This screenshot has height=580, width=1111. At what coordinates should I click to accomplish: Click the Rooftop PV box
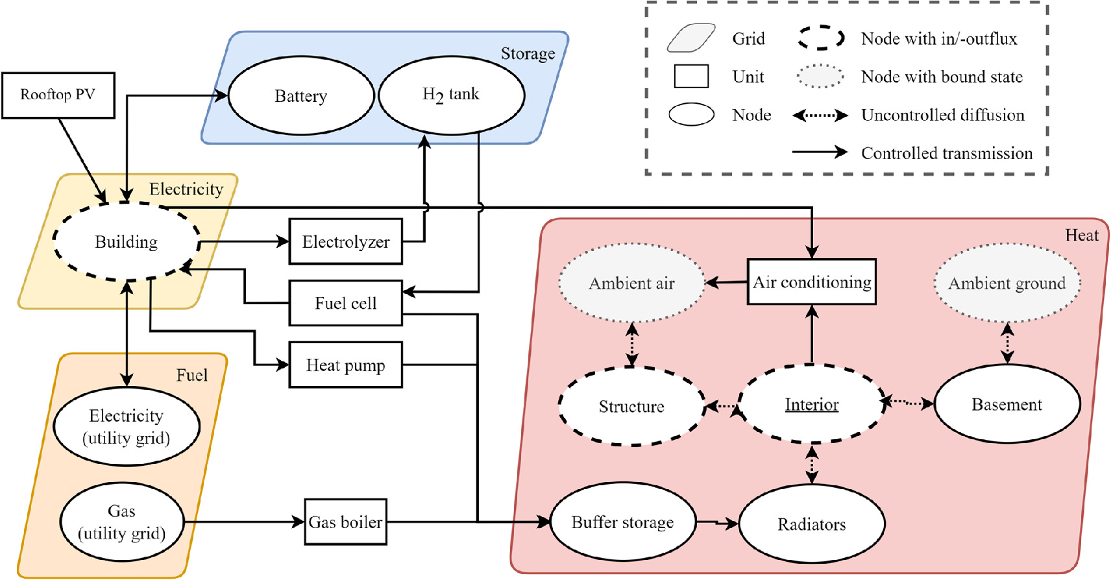coord(58,95)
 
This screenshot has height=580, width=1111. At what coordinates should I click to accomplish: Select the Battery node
coord(300,96)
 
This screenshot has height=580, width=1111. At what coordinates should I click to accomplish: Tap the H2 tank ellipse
coord(451,95)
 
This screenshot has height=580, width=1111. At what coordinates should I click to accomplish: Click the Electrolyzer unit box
coord(345,242)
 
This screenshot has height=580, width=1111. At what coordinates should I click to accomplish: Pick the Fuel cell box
coord(345,303)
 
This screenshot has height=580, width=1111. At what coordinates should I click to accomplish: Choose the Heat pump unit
coord(345,365)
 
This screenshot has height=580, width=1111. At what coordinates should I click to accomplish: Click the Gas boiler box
coord(345,522)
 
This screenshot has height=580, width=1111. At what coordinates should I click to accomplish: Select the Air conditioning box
coord(811,282)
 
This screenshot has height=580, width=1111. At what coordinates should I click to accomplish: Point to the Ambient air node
coord(631,283)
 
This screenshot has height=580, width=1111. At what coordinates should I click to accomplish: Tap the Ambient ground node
coord(1007,283)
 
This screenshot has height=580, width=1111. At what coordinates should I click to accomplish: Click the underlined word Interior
coord(811,405)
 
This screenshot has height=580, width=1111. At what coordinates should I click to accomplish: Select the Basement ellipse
coord(1007,405)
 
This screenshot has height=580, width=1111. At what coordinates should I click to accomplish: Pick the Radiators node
coord(811,524)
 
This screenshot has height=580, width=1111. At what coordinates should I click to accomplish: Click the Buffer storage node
coord(622,522)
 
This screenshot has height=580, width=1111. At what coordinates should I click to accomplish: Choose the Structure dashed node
coord(631,407)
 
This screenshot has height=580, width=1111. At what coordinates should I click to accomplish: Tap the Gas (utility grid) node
coord(121,522)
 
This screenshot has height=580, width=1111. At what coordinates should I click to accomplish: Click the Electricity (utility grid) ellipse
coord(126,426)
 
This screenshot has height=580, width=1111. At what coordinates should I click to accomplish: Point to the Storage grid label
coord(528,54)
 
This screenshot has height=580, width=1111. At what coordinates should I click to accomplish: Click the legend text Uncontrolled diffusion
coord(942,115)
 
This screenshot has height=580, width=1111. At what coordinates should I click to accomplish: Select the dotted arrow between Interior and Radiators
coord(811,464)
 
